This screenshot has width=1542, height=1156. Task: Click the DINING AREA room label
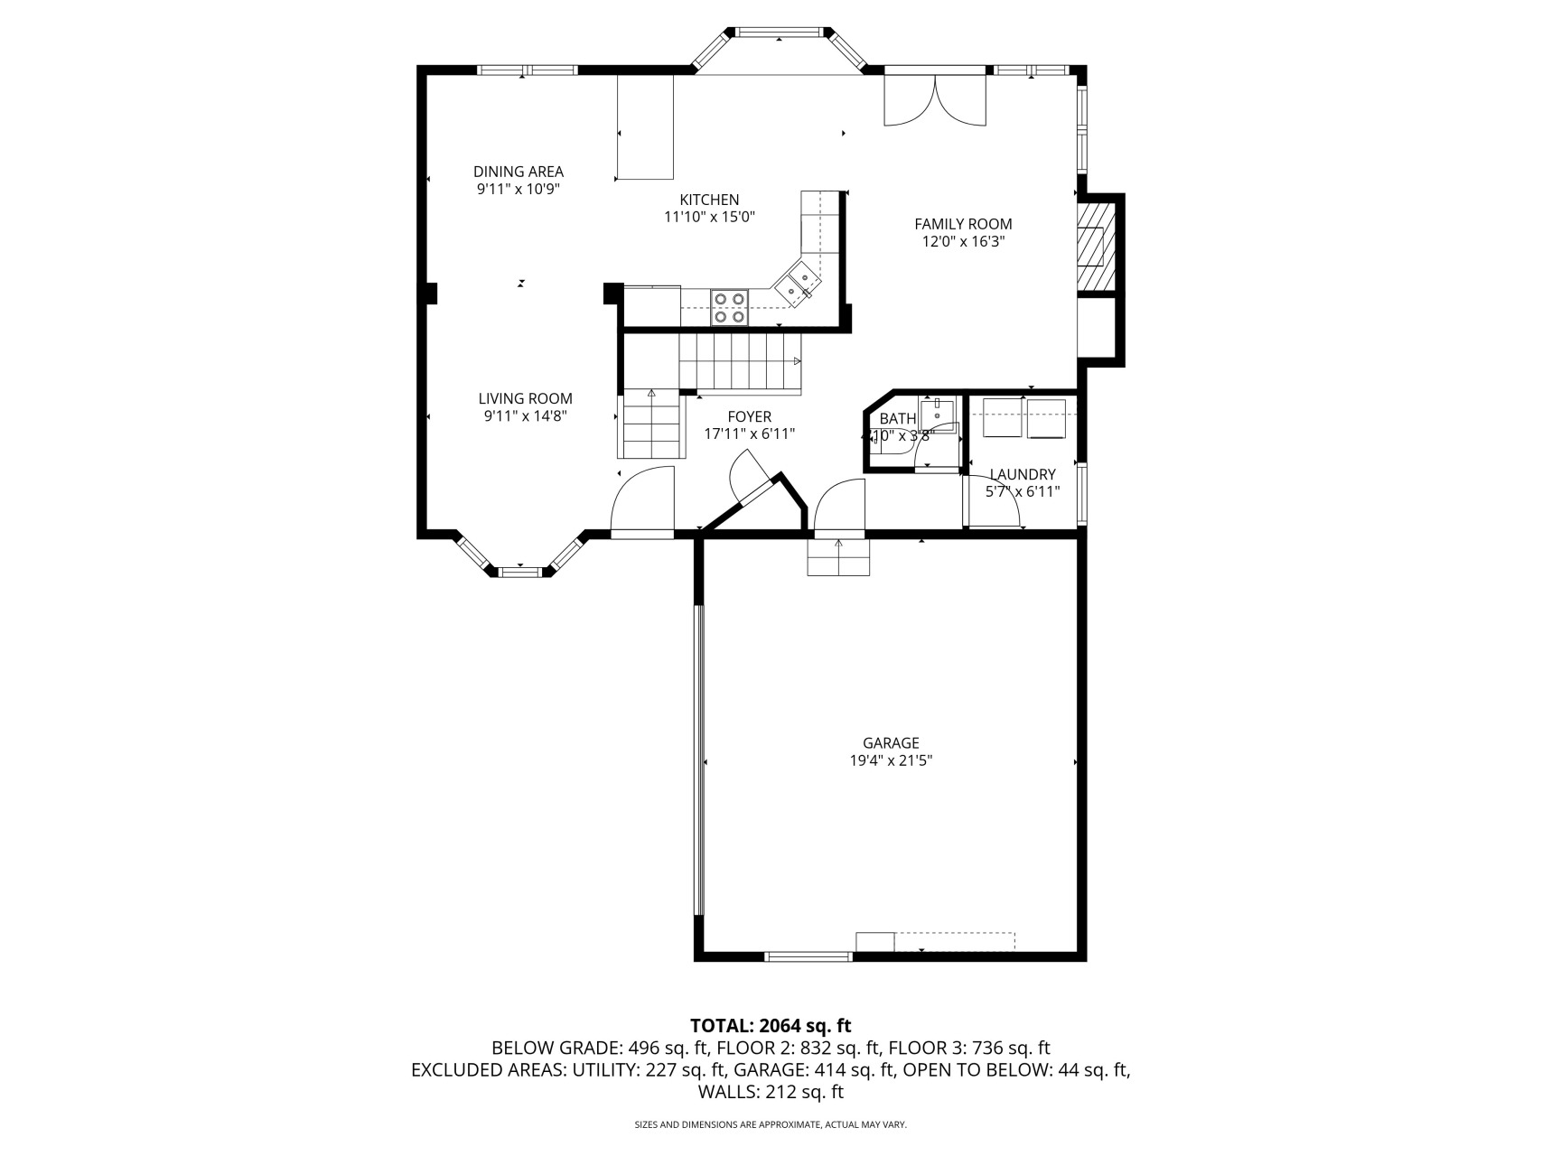519,172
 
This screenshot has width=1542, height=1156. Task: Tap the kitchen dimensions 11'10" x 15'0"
709,217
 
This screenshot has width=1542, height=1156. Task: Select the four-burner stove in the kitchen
729,306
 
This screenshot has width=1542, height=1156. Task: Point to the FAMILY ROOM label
963,224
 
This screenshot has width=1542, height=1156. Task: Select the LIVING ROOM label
525,398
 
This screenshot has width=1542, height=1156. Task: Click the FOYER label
750,416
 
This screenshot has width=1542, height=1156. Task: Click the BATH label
897,418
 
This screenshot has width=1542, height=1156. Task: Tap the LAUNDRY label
1023,474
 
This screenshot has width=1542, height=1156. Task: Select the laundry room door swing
992,501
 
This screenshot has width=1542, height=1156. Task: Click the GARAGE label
891,743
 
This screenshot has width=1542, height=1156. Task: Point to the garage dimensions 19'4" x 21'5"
891,761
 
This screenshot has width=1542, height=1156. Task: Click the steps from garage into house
838,557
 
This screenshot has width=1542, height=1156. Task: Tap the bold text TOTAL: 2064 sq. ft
771,1026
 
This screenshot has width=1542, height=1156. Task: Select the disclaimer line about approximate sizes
771,1125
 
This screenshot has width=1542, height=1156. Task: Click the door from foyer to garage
840,506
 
